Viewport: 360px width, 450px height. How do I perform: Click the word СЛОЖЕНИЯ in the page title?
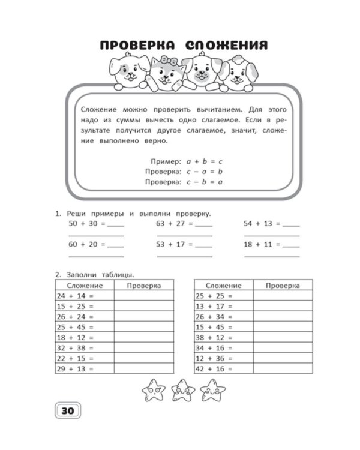[x=226, y=46]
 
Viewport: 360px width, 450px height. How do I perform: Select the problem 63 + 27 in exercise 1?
[x=173, y=223]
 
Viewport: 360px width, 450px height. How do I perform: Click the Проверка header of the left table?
[x=143, y=286]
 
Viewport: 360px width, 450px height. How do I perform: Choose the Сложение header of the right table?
[x=223, y=286]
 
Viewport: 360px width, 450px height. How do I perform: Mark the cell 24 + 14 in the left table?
[x=75, y=296]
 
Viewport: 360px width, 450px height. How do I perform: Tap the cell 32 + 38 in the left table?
[x=75, y=347]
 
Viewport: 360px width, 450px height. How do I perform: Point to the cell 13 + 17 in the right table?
[x=214, y=306]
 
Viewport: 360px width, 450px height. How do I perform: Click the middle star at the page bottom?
[x=180, y=391]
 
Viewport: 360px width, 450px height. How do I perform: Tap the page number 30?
[x=67, y=410]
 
